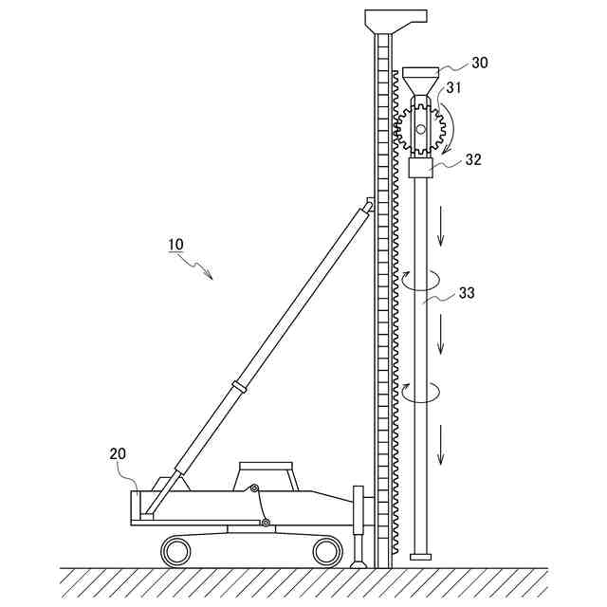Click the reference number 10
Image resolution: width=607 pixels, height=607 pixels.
[x=176, y=244]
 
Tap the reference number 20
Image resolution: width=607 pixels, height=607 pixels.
[x=118, y=453]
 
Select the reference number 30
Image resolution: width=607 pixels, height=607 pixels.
[x=480, y=64]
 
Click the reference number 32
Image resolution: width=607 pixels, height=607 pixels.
[x=473, y=160]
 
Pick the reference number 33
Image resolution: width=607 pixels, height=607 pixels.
[x=467, y=293]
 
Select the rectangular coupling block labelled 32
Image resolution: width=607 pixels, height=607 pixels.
[x=420, y=169]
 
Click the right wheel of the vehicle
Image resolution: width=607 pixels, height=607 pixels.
[x=326, y=549]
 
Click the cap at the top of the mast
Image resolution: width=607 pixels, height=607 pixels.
[x=396, y=18]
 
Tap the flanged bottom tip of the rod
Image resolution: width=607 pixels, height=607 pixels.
[x=420, y=556]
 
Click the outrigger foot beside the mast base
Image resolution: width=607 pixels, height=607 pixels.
[x=358, y=561]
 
